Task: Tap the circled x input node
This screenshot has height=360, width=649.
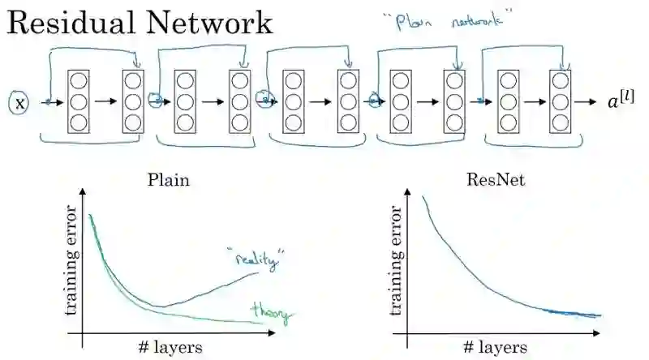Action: click(20, 104)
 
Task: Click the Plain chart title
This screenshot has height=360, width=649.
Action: click(169, 180)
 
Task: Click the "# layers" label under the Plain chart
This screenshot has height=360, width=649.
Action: click(170, 347)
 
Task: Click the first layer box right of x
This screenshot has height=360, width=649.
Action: click(79, 102)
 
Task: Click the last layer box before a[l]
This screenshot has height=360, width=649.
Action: click(560, 102)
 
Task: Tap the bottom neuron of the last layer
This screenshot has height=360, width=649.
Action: click(560, 122)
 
